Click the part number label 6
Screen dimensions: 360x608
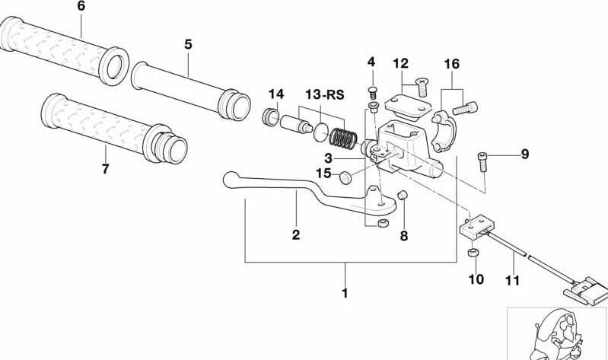81,7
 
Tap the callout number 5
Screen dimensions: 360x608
188,44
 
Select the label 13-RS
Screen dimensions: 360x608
325,95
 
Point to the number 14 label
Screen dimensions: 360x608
275,94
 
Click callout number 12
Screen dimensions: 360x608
401,63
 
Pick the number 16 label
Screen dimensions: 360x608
451,64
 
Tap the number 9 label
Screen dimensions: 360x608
524,155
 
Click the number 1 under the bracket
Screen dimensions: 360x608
345,292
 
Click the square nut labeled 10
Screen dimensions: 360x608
472,253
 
